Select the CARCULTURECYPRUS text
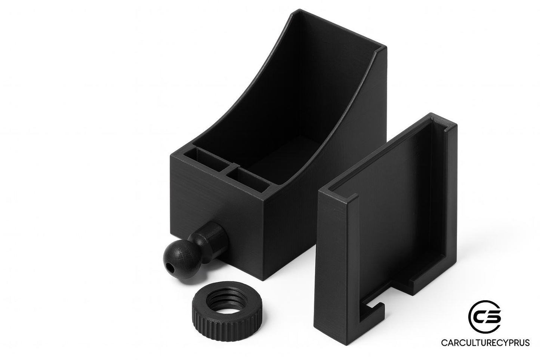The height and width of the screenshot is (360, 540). [487, 343]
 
